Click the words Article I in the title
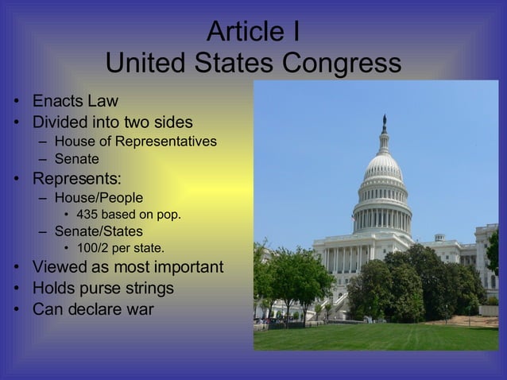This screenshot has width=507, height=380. [253, 31]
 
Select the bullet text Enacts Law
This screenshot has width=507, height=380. [75, 102]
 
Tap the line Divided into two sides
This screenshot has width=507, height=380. [112, 123]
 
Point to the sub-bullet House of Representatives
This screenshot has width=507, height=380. [136, 142]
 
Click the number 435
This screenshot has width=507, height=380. [89, 215]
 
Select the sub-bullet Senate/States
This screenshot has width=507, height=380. [99, 231]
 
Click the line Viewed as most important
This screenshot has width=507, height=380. [128, 267]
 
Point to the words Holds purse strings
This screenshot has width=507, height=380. [103, 288]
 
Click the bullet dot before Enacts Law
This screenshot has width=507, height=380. [14, 103]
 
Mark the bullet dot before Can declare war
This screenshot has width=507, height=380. [14, 309]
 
